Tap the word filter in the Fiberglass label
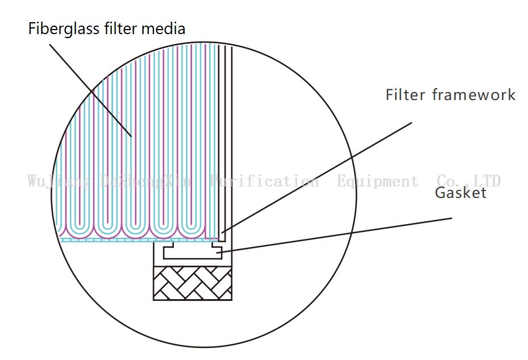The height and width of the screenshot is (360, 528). (x=118, y=28)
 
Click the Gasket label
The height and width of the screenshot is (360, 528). (x=460, y=193)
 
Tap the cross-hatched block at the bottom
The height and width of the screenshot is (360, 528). (x=193, y=283)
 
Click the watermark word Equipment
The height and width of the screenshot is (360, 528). (x=377, y=181)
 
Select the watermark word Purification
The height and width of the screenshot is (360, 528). (x=264, y=181)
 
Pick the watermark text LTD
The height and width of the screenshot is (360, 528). (x=484, y=181)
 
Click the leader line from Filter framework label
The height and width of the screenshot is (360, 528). (x=318, y=176)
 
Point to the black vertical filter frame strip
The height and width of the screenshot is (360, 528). (x=226, y=142)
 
